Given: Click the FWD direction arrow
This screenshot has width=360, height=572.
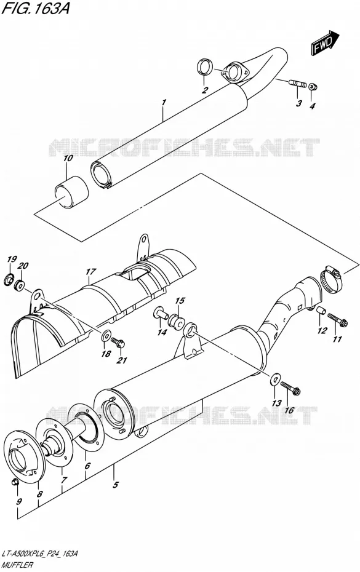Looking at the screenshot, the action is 326,42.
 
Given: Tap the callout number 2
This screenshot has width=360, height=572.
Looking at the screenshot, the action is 205,90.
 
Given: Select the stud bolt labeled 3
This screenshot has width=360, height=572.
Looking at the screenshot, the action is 298,84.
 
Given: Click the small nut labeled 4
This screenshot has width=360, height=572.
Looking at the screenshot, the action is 312,87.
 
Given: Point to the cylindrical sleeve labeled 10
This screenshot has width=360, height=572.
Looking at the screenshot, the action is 71,193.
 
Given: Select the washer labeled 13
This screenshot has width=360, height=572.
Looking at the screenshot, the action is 274,379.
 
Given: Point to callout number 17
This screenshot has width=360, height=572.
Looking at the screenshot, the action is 91,272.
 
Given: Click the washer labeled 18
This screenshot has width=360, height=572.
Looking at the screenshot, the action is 107,335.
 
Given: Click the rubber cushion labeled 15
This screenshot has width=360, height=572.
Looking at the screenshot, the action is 175,321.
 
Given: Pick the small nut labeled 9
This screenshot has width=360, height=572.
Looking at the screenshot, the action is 15,482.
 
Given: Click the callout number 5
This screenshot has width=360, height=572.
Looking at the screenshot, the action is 115,485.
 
